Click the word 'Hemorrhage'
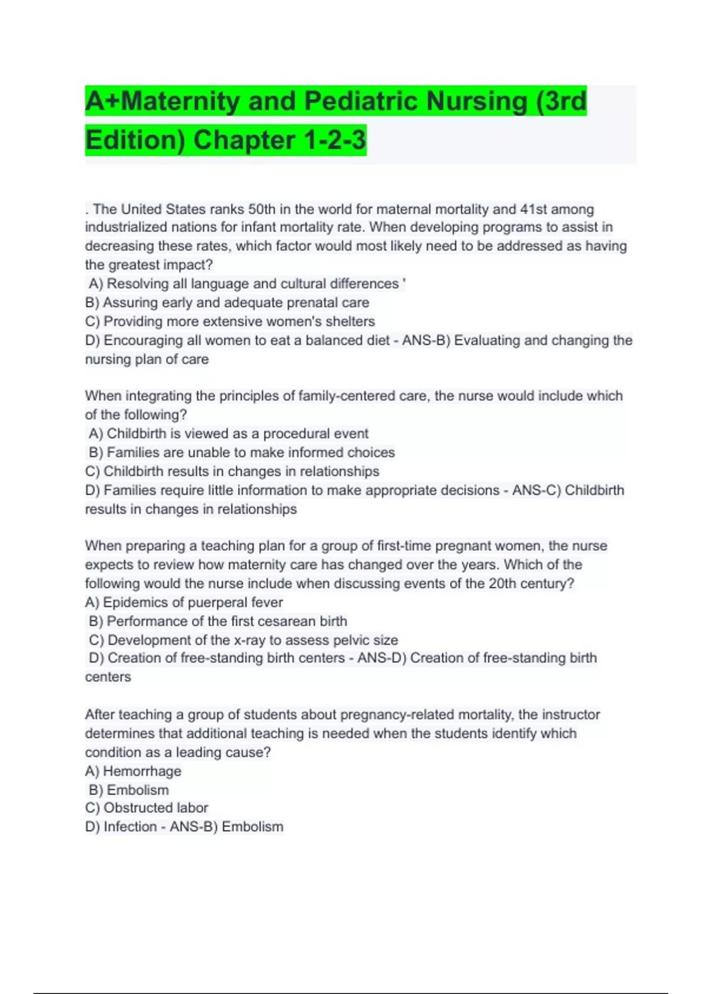pos(142,771)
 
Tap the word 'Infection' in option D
pos(130,827)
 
